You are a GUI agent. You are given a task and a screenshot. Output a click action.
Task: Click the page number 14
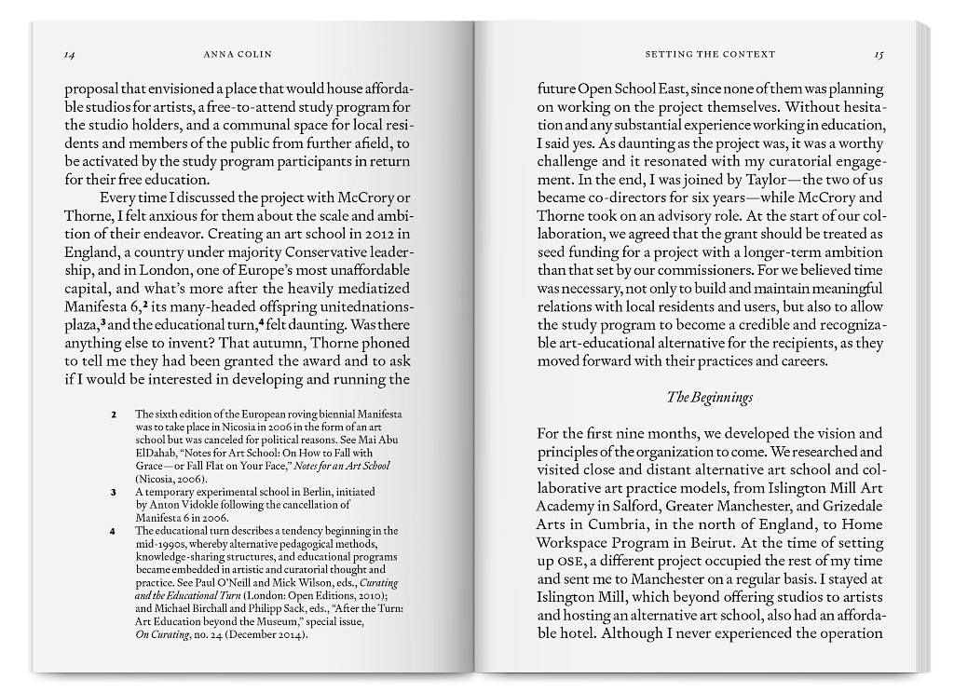69,54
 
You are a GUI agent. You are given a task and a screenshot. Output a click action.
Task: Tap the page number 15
878,54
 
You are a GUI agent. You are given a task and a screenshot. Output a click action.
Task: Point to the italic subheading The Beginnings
710,397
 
